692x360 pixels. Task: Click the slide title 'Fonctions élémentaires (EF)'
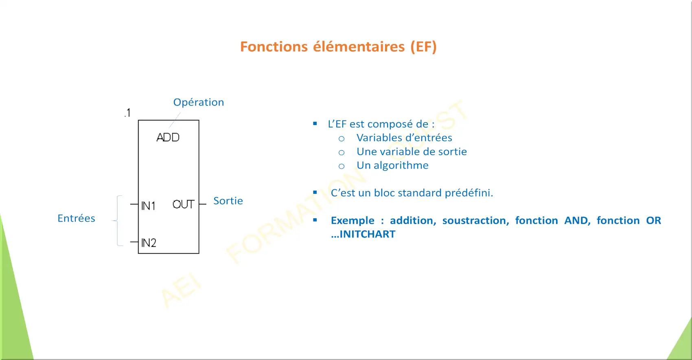338,47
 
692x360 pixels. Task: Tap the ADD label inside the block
168,137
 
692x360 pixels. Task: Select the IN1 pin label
148,206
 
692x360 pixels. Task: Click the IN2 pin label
149,243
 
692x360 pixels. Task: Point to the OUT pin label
183,204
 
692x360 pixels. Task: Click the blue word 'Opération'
198,102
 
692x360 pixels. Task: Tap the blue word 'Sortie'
228,201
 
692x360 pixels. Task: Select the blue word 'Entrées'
76,218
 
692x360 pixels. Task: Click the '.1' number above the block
127,113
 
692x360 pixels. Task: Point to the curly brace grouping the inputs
118,221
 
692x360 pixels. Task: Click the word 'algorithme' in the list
401,165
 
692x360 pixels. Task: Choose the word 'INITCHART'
367,234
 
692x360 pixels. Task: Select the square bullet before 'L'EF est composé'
315,124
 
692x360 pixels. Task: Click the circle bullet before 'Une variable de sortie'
342,152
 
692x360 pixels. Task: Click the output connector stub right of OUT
202,204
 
